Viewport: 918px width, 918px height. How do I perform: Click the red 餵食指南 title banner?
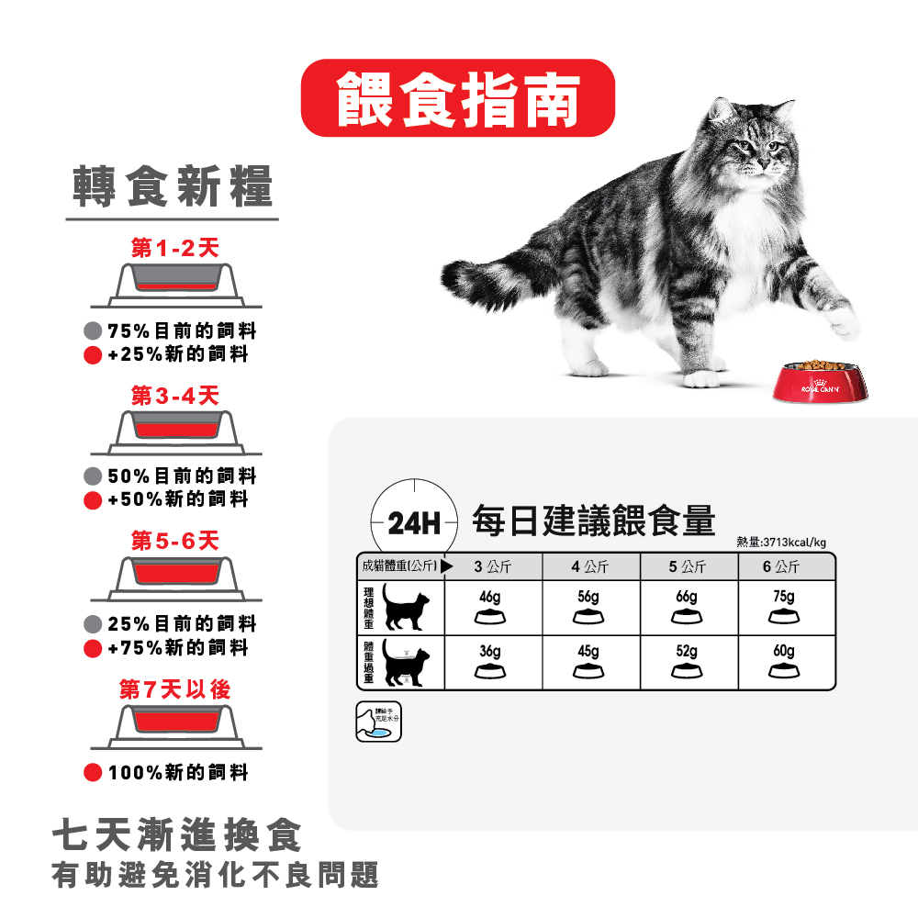tap(458, 98)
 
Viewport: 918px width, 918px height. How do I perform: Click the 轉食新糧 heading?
tap(173, 187)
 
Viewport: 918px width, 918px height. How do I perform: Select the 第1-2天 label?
tap(174, 249)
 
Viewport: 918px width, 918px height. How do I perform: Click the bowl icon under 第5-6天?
tap(175, 576)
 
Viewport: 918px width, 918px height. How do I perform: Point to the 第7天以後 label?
tap(174, 688)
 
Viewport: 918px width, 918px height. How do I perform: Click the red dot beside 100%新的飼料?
tap(92, 772)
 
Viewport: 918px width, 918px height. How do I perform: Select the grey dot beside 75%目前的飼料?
tap(92, 330)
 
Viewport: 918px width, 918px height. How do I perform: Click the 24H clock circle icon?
tap(414, 523)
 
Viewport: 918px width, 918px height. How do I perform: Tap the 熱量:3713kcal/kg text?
tap(781, 541)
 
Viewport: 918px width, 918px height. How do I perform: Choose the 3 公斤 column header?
tap(493, 566)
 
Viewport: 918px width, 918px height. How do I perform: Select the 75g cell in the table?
tap(783, 606)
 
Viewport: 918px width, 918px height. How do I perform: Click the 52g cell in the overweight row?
tap(686, 660)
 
